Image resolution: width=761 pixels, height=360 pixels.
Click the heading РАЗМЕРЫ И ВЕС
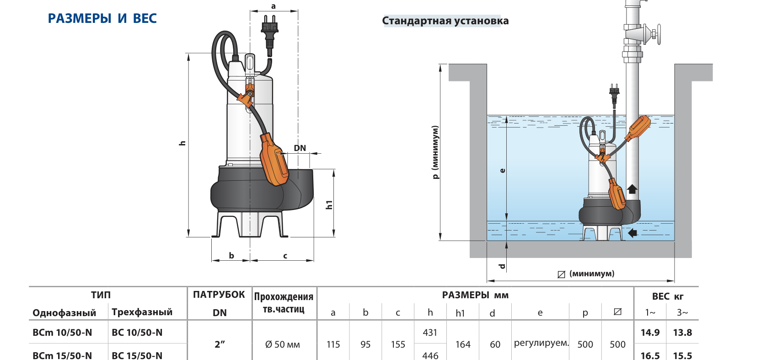click(x=102, y=18)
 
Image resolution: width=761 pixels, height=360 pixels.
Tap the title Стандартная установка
click(x=445, y=21)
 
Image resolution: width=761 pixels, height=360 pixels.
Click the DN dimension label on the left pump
click(x=300, y=148)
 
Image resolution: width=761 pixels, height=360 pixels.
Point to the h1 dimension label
click(x=329, y=204)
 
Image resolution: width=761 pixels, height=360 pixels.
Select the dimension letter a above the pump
click(x=273, y=6)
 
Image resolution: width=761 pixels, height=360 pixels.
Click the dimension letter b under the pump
click(x=231, y=255)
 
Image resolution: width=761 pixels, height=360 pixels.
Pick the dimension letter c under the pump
click(x=285, y=256)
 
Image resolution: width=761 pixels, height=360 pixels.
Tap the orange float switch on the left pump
click(x=274, y=159)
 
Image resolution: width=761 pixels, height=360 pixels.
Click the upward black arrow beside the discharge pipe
click(x=632, y=189)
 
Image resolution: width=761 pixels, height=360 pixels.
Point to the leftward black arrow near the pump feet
click(x=632, y=233)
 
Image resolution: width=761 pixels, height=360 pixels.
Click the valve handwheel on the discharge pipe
click(x=659, y=34)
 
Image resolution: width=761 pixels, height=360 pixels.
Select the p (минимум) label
click(x=435, y=152)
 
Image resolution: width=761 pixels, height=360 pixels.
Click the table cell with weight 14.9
click(x=650, y=332)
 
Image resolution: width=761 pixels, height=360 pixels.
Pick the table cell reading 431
click(x=430, y=332)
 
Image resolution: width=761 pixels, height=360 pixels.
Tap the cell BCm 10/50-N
click(x=62, y=332)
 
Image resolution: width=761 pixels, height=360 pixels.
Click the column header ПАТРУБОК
click(x=219, y=295)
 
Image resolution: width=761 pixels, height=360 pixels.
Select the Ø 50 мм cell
click(x=282, y=344)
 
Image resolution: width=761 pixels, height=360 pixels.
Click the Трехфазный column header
click(x=142, y=312)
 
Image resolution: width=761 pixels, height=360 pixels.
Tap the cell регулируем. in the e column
click(x=541, y=343)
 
